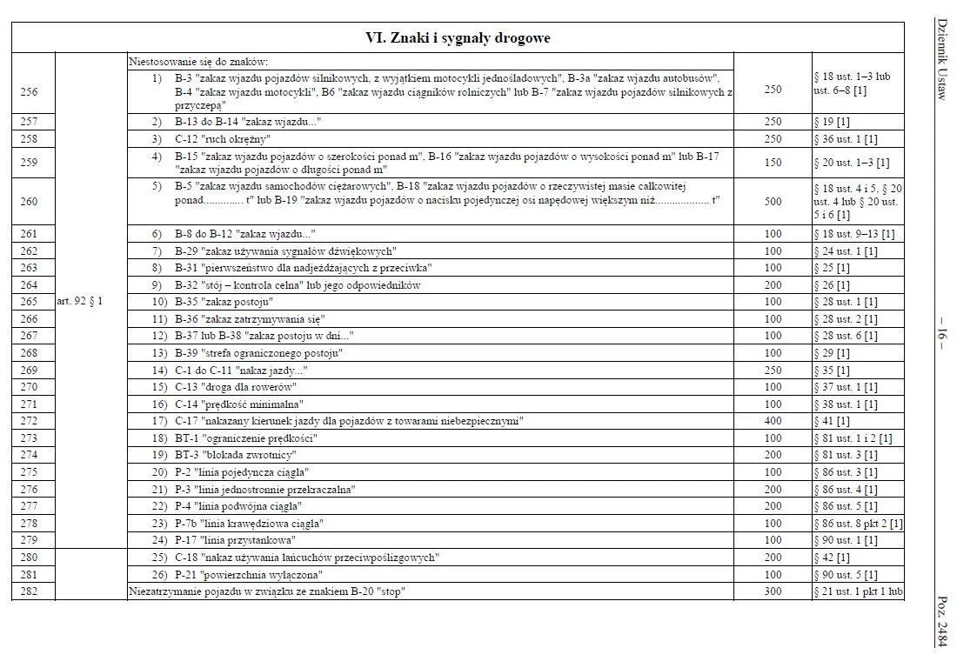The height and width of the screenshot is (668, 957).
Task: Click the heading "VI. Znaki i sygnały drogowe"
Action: pos(457,38)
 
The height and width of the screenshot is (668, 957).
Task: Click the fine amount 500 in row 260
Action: pos(773,201)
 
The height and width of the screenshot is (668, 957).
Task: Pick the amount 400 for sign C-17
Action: pos(773,420)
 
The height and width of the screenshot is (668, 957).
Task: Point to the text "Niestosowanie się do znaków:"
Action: pos(198,62)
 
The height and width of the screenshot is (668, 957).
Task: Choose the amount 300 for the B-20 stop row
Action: pos(773,591)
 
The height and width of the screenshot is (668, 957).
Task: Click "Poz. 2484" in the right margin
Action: pos(940,621)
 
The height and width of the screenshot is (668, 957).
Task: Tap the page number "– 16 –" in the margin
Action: pos(940,334)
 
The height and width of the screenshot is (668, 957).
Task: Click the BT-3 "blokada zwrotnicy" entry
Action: pos(236,454)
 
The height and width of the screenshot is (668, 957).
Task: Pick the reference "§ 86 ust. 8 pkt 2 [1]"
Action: pos(858,523)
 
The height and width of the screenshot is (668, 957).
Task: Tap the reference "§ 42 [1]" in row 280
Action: pos(832,557)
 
